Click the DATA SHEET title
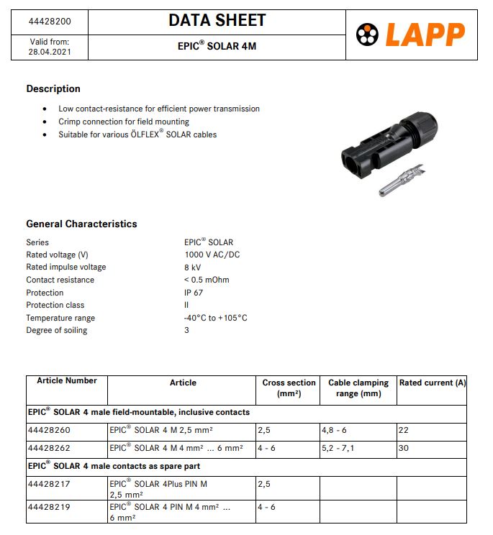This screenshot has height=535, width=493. pos(217,21)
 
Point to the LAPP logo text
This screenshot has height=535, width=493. pos(425,34)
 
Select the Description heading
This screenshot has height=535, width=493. pos(53,89)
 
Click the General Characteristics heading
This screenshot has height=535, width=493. pos(81,224)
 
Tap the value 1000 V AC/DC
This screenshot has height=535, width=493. pos(212,255)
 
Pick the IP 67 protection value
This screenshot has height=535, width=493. pos(194,293)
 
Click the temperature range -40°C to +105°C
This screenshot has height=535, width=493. pos(215,318)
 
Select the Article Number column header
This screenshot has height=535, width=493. pos(67,380)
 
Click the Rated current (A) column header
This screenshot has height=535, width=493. pos(432,383)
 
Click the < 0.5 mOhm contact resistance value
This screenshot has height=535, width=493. pos(207,280)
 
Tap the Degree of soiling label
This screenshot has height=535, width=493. pos(57,330)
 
